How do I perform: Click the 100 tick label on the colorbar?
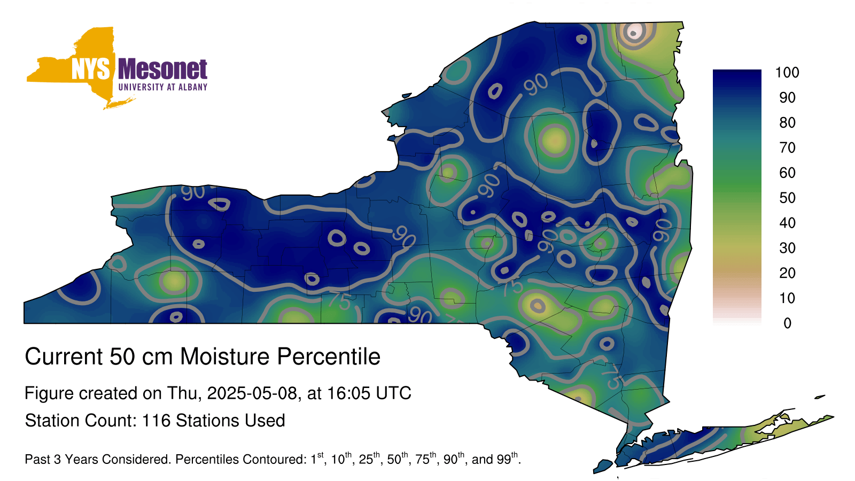(787, 73)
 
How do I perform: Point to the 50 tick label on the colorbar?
(787, 198)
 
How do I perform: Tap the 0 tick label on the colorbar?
(787, 323)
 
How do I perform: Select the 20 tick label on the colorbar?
(787, 273)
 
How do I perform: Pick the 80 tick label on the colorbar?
(787, 122)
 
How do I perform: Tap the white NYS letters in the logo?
(90, 69)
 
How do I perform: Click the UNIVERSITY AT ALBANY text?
(162, 87)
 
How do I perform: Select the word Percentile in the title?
(329, 356)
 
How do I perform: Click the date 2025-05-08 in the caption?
(252, 393)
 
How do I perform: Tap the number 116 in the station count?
(156, 421)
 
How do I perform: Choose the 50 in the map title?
(122, 356)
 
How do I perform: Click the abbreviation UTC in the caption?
(393, 393)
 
